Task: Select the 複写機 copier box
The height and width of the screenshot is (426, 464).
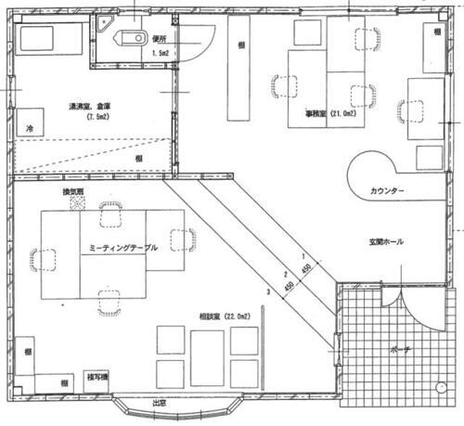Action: click(x=97, y=378)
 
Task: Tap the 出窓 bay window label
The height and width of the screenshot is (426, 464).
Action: click(x=160, y=404)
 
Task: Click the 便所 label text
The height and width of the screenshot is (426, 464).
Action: click(x=160, y=39)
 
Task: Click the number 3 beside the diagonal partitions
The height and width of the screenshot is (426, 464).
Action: click(x=266, y=293)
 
